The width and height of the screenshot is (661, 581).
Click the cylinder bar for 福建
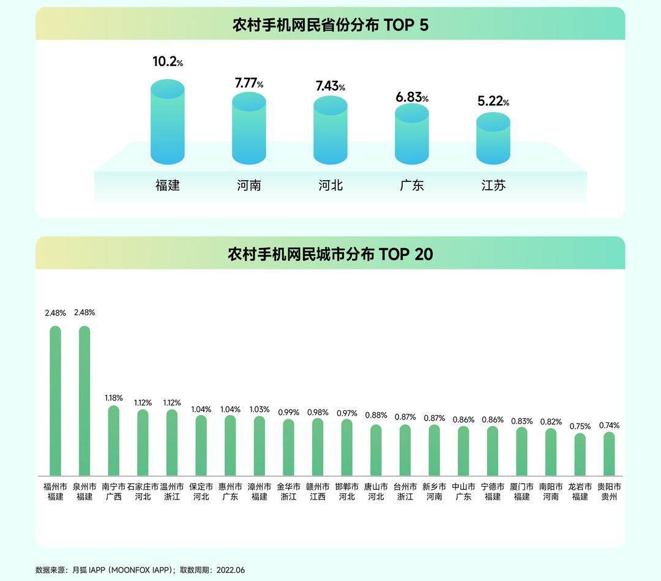[x=167, y=122]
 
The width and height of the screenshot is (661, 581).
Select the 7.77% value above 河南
[x=248, y=83]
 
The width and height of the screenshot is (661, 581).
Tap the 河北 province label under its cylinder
[x=330, y=185]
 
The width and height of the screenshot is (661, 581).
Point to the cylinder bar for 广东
[x=412, y=134]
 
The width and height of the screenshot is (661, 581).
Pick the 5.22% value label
[x=493, y=101]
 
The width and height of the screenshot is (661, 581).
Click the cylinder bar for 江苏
[x=493, y=138]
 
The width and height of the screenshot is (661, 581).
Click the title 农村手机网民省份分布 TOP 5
[x=330, y=25]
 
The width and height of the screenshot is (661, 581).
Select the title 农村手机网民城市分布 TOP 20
[x=330, y=254]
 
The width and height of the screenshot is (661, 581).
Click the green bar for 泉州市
[x=84, y=401]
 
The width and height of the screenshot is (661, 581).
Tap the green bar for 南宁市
[x=114, y=441]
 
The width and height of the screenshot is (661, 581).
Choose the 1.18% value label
[x=114, y=397]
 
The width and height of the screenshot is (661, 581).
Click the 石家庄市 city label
[x=143, y=487]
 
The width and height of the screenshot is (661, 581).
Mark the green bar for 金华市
[x=288, y=448]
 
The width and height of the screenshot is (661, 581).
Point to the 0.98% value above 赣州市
[x=318, y=413]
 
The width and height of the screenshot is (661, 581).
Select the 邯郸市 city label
[x=347, y=487]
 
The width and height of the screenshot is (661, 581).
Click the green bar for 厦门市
[x=521, y=452]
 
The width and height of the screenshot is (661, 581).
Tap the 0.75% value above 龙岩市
[x=580, y=426]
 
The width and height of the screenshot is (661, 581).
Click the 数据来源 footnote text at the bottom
[x=140, y=570]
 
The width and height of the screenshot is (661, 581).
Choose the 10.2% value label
[x=167, y=62]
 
